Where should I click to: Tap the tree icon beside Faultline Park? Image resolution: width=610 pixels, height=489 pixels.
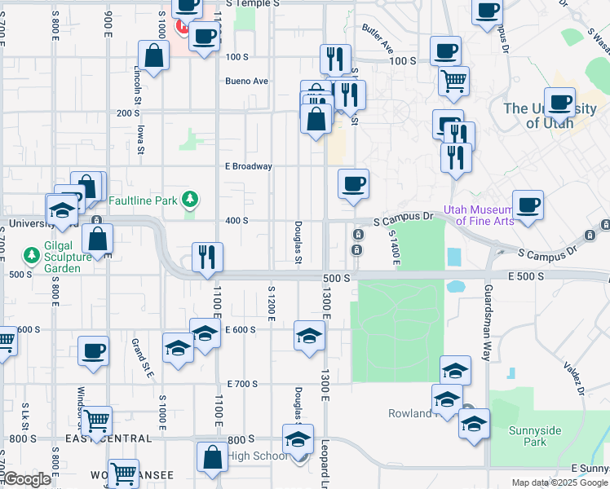click(190, 198)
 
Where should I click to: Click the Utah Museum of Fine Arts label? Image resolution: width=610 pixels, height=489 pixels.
click(480, 214)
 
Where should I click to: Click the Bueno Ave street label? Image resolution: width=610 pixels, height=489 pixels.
click(247, 81)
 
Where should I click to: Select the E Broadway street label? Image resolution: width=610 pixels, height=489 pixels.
click(248, 166)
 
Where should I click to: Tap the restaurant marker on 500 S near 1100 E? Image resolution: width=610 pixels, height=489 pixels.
click(207, 256)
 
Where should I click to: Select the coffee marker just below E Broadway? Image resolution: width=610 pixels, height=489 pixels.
click(353, 183)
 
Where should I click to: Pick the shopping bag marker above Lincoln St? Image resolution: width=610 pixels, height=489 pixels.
click(153, 55)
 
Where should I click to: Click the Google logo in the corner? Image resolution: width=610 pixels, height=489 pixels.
click(26, 480)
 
